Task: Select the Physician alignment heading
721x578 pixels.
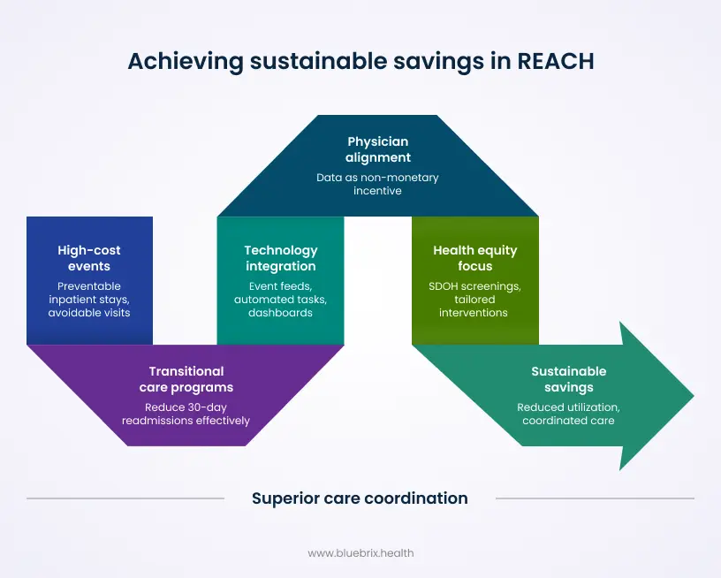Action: (x=378, y=149)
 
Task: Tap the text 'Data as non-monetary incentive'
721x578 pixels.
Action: (x=378, y=184)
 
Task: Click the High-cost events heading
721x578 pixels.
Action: (x=89, y=258)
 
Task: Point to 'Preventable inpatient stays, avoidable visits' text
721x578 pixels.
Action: (x=89, y=299)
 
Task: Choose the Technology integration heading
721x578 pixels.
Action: (x=281, y=258)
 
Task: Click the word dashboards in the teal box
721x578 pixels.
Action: (x=281, y=312)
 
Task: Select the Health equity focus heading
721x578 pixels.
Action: (x=475, y=258)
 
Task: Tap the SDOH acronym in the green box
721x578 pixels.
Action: (x=445, y=286)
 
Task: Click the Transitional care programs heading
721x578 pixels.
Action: (x=186, y=378)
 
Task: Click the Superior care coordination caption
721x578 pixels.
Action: (x=360, y=498)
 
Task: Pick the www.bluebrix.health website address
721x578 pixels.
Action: (x=360, y=553)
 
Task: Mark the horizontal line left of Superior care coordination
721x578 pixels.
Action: (x=125, y=498)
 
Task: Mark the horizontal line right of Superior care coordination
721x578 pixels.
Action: (x=594, y=498)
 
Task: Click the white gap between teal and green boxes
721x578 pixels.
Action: (x=378, y=280)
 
